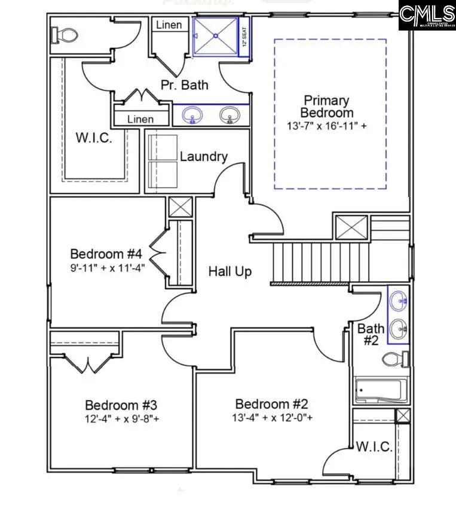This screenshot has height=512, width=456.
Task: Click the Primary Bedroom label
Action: click(326, 106)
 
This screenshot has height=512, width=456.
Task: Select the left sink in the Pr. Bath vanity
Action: click(192, 114)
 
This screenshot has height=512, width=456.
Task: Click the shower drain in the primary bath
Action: click(214, 37)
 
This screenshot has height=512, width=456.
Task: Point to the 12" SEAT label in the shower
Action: click(244, 37)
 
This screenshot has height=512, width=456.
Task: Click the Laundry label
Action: click(204, 157)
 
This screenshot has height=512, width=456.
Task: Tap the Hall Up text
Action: click(229, 271)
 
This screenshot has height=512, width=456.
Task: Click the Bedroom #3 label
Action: click(121, 405)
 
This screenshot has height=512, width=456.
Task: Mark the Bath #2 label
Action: click(371, 334)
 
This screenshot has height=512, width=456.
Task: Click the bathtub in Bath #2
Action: click(381, 390)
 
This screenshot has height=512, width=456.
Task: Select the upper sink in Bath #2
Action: click(398, 301)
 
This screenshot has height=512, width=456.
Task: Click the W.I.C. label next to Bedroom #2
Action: click(374, 447)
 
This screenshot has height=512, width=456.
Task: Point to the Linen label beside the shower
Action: click(170, 25)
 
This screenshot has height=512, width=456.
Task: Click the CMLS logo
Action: click(427, 15)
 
